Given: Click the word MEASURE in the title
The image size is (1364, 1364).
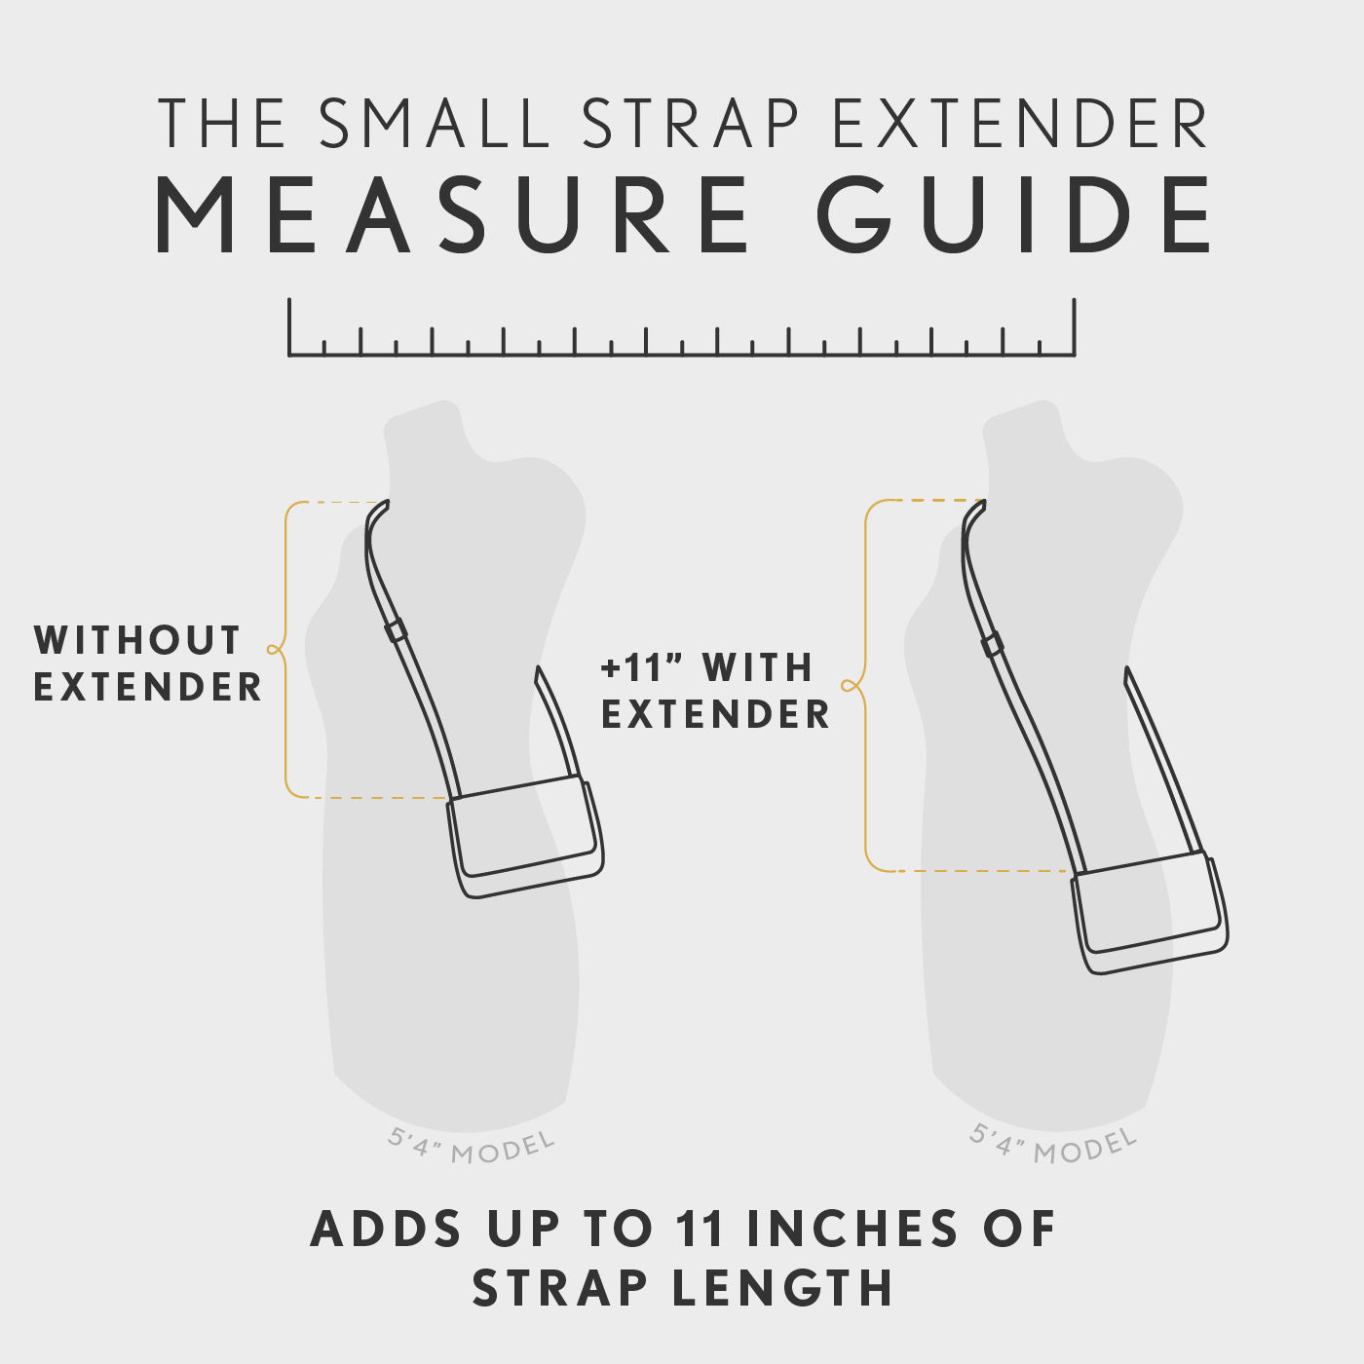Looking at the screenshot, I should click(453, 215).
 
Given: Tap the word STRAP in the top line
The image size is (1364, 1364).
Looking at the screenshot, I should click(691, 124).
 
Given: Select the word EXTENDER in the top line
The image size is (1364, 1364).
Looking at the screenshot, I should click(1020, 124).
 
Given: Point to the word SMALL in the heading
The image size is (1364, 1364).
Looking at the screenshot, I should click(436, 124).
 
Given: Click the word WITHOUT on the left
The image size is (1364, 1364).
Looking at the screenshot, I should click(137, 641).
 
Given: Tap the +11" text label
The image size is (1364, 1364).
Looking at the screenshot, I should click(640, 668).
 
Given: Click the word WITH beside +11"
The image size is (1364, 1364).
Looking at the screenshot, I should click(758, 668).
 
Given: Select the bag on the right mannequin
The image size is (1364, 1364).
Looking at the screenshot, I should click(1150, 912).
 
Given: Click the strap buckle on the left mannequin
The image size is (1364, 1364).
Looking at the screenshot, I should click(396, 630).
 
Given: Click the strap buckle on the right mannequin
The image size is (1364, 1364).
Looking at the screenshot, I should click(992, 644).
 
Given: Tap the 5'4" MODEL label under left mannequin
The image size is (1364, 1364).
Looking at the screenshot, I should click(472, 1147).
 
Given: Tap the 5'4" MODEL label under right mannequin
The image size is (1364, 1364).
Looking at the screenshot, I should click(1053, 1145).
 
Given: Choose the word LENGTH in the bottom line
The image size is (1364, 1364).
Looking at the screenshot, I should click(782, 1288).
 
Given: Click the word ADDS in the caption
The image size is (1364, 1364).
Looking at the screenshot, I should click(386, 1229).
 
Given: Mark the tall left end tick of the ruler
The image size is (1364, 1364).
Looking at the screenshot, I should click(289, 327).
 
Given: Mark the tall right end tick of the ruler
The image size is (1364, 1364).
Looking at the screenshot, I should click(1074, 327).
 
